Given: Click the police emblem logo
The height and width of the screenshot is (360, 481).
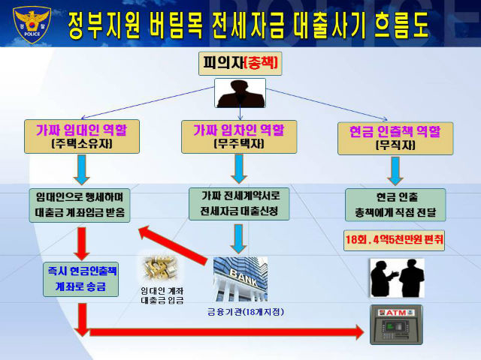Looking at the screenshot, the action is (32, 25).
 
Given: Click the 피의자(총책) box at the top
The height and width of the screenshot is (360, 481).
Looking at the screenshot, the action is (240, 63).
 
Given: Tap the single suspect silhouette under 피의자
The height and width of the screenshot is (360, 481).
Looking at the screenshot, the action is (240, 93).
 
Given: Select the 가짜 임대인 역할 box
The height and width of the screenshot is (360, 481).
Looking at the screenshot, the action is (82, 136).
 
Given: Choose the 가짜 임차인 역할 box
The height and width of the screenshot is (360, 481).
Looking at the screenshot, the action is (239, 136).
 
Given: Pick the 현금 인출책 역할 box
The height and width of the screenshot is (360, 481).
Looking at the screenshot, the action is (395, 138).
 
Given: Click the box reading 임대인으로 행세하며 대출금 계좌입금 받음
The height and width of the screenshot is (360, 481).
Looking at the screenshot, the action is (80, 205).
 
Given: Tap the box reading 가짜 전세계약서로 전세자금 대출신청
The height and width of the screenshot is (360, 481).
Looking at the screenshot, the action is (239, 204).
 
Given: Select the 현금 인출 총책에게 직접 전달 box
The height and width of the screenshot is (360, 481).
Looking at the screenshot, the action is (395, 205).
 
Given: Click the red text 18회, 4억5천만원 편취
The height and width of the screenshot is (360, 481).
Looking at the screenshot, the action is (394, 240).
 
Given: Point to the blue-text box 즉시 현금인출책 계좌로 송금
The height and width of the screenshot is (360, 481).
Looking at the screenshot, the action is (80, 279).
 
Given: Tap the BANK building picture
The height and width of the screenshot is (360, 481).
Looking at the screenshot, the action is (240, 279).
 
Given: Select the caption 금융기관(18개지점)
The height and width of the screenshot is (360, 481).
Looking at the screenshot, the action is (246, 312).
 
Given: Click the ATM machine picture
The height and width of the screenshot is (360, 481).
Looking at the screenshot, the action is (396, 325).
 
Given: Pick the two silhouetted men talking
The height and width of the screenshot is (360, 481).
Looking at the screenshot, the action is (398, 278).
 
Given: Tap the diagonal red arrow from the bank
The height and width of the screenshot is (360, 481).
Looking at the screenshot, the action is (173, 245).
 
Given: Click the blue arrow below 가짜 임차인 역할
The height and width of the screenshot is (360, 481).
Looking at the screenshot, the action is (239, 169).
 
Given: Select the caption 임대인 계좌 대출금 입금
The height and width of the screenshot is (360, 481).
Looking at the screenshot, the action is (162, 295).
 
